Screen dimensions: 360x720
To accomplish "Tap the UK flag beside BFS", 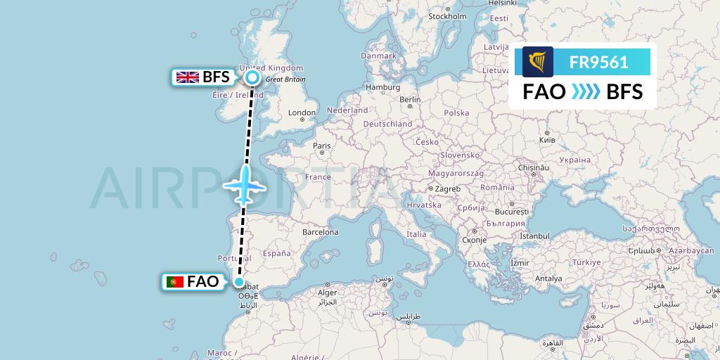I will click(187, 78).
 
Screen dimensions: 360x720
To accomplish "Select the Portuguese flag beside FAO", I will click(174, 282).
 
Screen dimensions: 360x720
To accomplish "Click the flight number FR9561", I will click(598, 63).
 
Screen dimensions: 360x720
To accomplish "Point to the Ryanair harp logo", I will click(537, 62).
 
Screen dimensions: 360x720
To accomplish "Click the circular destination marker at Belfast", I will click(252, 78).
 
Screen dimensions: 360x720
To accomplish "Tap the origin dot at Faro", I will click(240, 283).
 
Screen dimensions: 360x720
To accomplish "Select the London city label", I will click(302, 112).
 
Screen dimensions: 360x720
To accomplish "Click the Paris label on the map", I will click(321, 146).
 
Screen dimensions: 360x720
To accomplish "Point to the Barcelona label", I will click(320, 232).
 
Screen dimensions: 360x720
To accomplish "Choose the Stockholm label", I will click(447, 16).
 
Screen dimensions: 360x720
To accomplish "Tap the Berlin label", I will click(409, 100).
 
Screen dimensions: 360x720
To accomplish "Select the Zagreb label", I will click(448, 188).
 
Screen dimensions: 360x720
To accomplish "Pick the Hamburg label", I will click(382, 87).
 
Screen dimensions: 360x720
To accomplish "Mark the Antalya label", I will click(548, 278).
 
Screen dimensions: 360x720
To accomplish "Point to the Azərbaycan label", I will click(691, 250).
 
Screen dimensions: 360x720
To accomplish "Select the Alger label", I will click(328, 292).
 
